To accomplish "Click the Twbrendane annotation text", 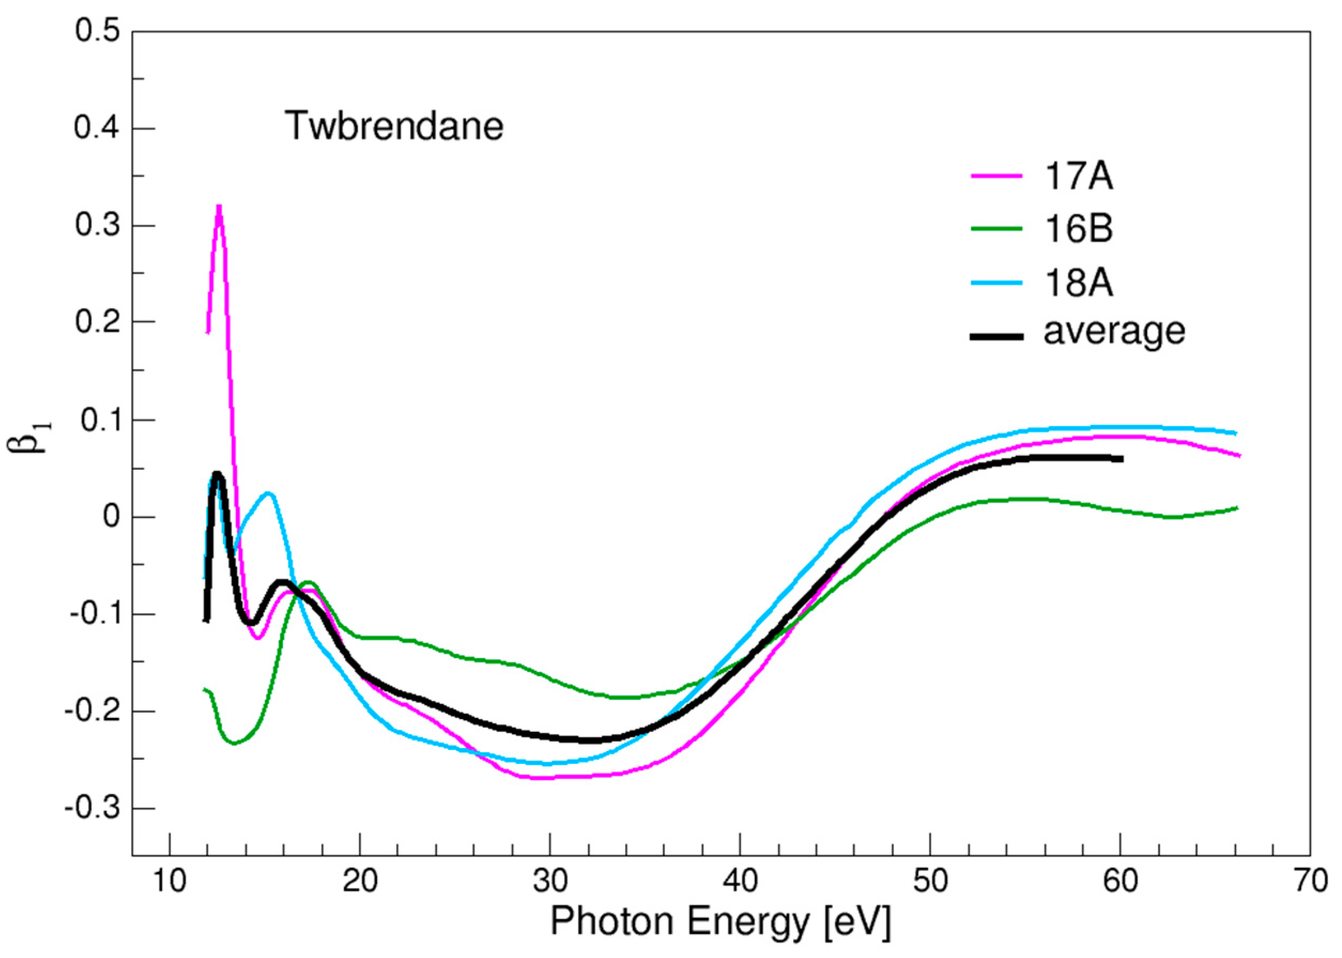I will point(394,126).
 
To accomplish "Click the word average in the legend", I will point(1114,331).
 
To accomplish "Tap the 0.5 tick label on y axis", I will point(97,31).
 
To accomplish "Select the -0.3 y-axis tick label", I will point(91,808).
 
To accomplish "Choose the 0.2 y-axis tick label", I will point(97,322).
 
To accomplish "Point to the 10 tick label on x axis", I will point(170,882).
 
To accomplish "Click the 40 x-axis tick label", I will point(740,882).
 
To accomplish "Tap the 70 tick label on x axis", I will point(1309,882).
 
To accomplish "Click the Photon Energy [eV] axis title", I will point(720,922).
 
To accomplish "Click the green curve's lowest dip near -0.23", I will point(235,743).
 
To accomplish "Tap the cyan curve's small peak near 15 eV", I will point(268,493).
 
